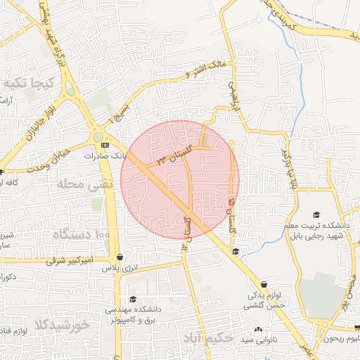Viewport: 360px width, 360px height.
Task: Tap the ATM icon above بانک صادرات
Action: point(105,145)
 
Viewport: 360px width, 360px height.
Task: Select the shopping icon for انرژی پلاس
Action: point(120,257)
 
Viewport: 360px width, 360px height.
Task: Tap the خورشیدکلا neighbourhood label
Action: point(62,325)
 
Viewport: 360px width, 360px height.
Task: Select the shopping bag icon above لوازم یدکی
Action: point(263,284)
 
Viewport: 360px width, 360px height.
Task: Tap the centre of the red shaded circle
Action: point(180,179)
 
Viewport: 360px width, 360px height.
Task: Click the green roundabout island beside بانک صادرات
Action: point(97,137)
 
